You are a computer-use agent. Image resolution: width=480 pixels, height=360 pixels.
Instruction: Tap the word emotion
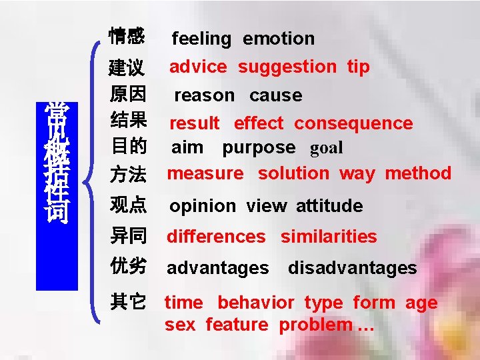(278, 39)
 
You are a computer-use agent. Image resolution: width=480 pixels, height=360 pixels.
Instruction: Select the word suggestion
(287, 67)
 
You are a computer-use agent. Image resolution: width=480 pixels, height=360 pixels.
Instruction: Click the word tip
(358, 67)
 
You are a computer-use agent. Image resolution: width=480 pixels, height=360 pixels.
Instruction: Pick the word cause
(275, 95)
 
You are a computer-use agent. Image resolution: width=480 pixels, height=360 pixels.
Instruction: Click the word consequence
(353, 123)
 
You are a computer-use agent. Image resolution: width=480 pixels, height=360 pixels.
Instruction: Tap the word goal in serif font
(323, 148)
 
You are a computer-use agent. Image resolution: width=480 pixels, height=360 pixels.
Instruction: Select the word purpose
(259, 148)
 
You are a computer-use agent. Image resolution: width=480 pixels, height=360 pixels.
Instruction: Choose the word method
(418, 173)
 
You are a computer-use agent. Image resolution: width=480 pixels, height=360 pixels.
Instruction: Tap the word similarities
(329, 237)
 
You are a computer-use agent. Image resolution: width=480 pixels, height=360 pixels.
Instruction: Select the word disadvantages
(352, 268)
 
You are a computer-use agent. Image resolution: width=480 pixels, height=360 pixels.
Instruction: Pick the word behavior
(255, 303)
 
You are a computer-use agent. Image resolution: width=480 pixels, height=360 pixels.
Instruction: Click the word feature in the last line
(237, 325)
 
